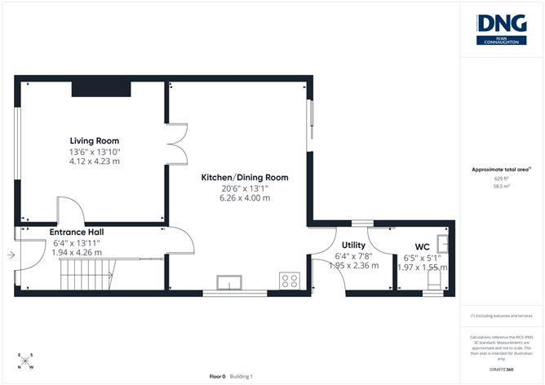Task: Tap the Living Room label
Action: click(x=94, y=140)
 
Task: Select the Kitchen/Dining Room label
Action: click(x=245, y=177)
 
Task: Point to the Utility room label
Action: click(x=353, y=245)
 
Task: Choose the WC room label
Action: click(x=423, y=246)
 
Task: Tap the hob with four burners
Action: click(x=290, y=281)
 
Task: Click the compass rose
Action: click(x=25, y=362)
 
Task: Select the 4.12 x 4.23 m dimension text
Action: click(x=94, y=162)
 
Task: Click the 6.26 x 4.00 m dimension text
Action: click(x=245, y=198)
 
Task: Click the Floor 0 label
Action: click(x=217, y=376)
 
